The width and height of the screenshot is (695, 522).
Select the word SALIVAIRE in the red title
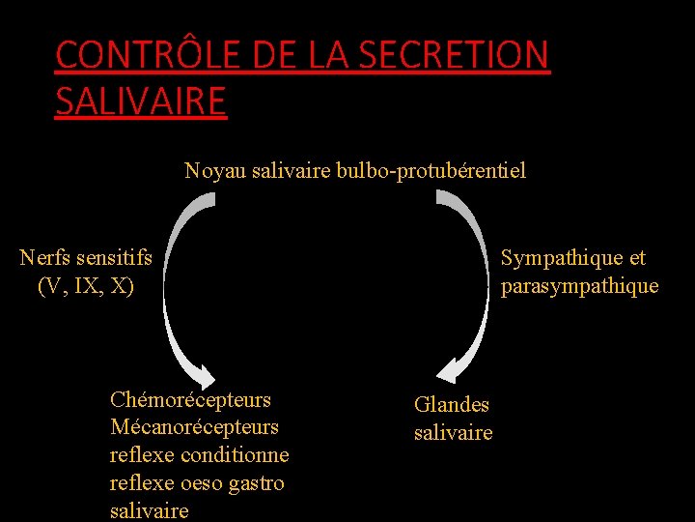click(x=141, y=101)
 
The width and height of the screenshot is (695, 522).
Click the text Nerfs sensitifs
click(x=86, y=258)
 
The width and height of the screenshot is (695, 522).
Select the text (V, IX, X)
click(x=86, y=286)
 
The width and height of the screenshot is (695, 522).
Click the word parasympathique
click(x=579, y=286)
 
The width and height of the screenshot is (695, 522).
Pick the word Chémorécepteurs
click(x=190, y=400)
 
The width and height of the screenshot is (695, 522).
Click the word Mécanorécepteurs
click(x=194, y=427)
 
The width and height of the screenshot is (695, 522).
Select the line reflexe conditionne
click(x=199, y=455)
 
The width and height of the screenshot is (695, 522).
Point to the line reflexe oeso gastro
click(x=197, y=483)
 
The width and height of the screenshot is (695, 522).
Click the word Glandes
click(x=452, y=405)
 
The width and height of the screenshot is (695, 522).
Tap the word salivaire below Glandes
click(x=453, y=433)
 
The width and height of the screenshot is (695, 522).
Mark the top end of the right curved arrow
click(x=444, y=197)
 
